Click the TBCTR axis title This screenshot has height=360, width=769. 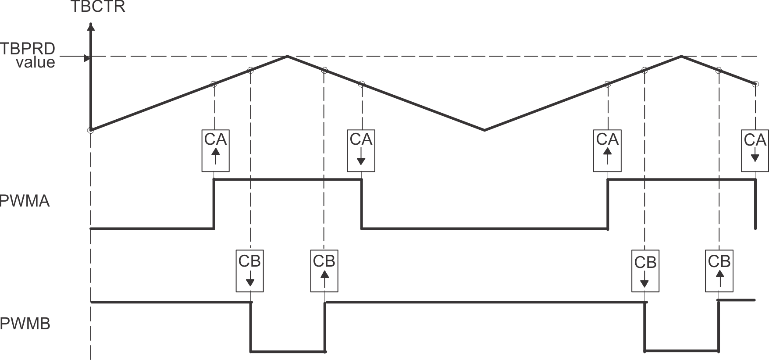[98, 7]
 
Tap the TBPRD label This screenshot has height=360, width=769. [28, 48]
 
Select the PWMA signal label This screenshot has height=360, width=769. [25, 201]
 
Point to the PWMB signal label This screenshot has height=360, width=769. [25, 324]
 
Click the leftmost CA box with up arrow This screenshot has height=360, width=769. [215, 150]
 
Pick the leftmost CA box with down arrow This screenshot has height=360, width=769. [361, 150]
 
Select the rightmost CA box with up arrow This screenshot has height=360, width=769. [607, 150]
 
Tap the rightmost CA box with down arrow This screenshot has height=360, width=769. [755, 150]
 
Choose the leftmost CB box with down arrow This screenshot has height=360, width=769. [250, 271]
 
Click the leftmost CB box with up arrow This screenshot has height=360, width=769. [324, 271]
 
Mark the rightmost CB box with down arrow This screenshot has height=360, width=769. [645, 271]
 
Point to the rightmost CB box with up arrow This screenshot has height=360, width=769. [719, 271]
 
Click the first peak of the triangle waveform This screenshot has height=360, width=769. [288, 56]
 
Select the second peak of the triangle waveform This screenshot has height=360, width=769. [681, 56]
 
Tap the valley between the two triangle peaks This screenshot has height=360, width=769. [484, 130]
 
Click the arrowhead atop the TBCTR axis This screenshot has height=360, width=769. [91, 26]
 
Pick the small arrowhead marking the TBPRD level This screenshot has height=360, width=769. [87, 58]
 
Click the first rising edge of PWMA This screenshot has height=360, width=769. [214, 204]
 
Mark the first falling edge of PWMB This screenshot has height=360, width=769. [251, 327]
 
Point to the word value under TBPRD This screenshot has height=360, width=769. [36, 62]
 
